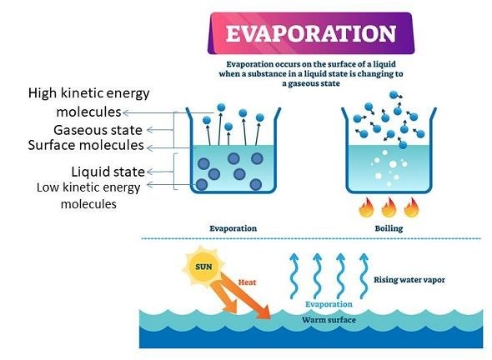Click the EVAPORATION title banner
click(x=311, y=33)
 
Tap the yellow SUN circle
click(x=203, y=267)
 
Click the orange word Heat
click(x=248, y=282)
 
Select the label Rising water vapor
click(x=409, y=280)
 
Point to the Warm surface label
click(x=329, y=320)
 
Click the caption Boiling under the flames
click(x=389, y=228)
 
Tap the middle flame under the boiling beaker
click(x=389, y=207)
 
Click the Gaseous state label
click(x=98, y=130)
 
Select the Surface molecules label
click(x=86, y=145)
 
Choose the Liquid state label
click(x=108, y=172)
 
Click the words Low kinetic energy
click(x=88, y=187)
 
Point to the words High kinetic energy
click(x=88, y=93)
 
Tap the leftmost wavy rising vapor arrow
click(x=294, y=276)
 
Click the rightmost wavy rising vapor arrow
click(x=364, y=276)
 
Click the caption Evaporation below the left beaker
click(x=233, y=228)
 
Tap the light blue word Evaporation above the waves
click(x=329, y=304)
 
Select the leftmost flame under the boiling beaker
click(x=366, y=207)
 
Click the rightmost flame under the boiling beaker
click(x=412, y=207)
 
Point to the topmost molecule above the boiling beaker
click(x=394, y=94)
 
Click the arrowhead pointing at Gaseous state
click(x=150, y=130)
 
